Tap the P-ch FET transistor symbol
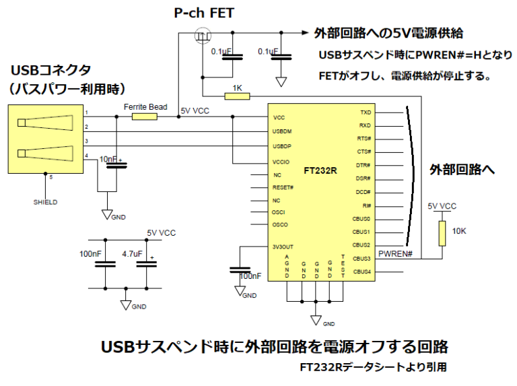[x=201, y=35]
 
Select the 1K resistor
[x=237, y=96]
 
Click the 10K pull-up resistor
[x=442, y=232]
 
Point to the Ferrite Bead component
[x=144, y=117]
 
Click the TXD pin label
[x=365, y=112]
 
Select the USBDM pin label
[x=283, y=131]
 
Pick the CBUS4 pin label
[x=361, y=271]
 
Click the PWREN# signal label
[x=395, y=253]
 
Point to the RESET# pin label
[x=283, y=187]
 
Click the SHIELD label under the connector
[x=45, y=201]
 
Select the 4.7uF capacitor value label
[x=132, y=254]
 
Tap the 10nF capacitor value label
[x=108, y=159]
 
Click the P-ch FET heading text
[x=195, y=13]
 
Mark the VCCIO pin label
[x=282, y=162]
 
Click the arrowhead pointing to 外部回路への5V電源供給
[x=305, y=32]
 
